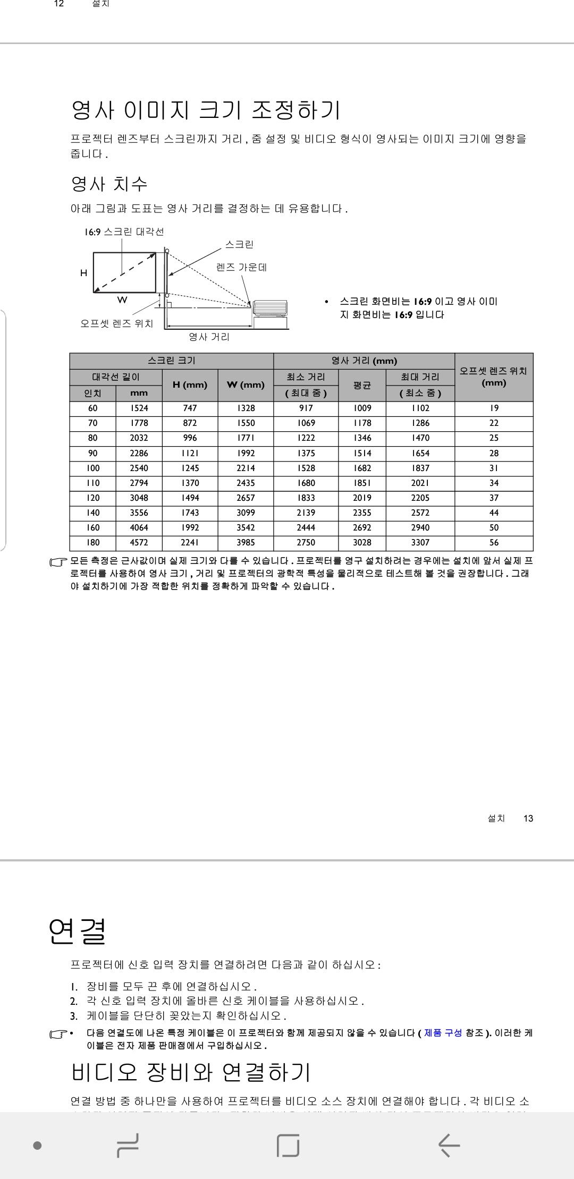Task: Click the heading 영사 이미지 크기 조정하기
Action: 205,110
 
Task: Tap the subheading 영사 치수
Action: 109,184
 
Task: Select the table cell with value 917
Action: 306,408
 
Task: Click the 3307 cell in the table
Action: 420,542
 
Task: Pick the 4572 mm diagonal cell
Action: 139,542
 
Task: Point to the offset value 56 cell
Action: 494,542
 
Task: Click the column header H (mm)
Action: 190,385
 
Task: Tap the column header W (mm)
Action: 246,385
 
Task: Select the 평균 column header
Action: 362,385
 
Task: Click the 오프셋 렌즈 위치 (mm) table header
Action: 494,377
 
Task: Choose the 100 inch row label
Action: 92,468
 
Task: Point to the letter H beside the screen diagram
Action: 83,273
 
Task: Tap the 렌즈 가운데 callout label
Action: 241,267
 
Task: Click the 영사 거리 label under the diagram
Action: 209,337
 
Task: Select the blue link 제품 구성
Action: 443,1033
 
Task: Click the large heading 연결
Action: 78,931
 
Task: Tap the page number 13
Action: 528,818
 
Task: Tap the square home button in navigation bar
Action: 288,1145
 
